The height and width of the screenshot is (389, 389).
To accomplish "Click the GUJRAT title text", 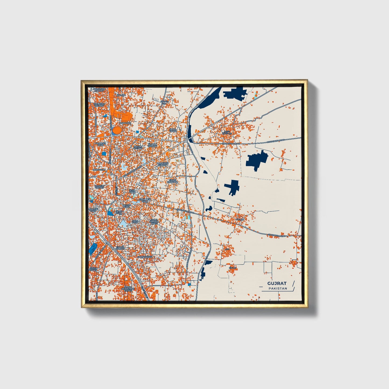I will (277, 283).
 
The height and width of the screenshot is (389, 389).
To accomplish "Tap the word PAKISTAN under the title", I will (278, 288).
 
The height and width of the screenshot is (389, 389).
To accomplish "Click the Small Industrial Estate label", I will (128, 289).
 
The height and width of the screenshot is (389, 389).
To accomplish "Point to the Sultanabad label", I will (145, 257).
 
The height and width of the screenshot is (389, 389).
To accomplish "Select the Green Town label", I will (94, 269).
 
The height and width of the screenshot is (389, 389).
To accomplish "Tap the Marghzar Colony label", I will (99, 90).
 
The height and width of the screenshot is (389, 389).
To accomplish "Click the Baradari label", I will (125, 123).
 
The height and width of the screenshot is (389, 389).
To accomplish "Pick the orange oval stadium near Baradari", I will (117, 130).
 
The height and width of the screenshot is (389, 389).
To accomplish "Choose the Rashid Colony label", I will (138, 148).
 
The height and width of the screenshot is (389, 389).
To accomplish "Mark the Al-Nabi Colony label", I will (153, 145).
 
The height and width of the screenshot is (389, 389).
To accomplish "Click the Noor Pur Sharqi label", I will (162, 164).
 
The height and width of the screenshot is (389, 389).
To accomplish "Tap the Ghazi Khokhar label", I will (172, 181).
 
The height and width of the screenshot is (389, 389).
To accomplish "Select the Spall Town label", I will (173, 130).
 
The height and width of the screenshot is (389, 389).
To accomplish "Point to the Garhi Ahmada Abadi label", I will (154, 222).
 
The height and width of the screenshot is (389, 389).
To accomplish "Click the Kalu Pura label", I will (135, 222).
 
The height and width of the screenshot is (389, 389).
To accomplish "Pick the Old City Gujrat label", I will (99, 187).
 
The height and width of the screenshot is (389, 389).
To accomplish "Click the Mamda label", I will (121, 95).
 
